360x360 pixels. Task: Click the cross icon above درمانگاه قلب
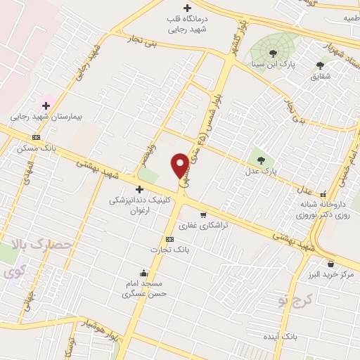click(x=186, y=8)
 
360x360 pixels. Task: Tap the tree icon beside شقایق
click(x=320, y=65)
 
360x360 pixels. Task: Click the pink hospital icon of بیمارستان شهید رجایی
click(x=46, y=105)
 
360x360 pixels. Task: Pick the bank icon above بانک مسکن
click(x=36, y=137)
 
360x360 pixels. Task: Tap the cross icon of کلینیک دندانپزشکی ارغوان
click(x=139, y=189)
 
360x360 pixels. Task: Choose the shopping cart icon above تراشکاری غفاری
click(x=203, y=215)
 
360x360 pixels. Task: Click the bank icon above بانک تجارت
click(x=169, y=239)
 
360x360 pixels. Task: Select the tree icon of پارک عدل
click(x=261, y=160)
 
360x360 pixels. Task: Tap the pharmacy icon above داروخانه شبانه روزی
click(x=323, y=195)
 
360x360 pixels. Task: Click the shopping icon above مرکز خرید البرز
click(x=330, y=264)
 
